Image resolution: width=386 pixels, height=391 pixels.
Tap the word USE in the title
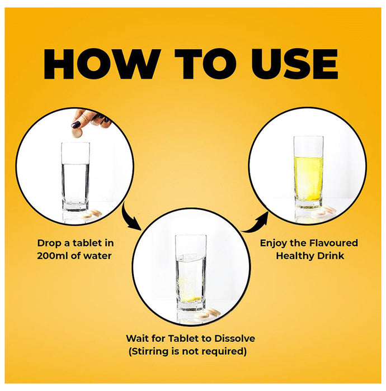coord(295,64)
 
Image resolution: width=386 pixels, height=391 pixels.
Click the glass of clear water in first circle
coord(75,177)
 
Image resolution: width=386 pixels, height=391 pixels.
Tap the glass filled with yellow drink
coord(309,172)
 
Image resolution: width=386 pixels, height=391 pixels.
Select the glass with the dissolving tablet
coord(191,273)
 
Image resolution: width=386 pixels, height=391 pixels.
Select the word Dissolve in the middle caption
coord(235,338)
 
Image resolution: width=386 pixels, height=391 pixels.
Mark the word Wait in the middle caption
coord(137,338)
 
